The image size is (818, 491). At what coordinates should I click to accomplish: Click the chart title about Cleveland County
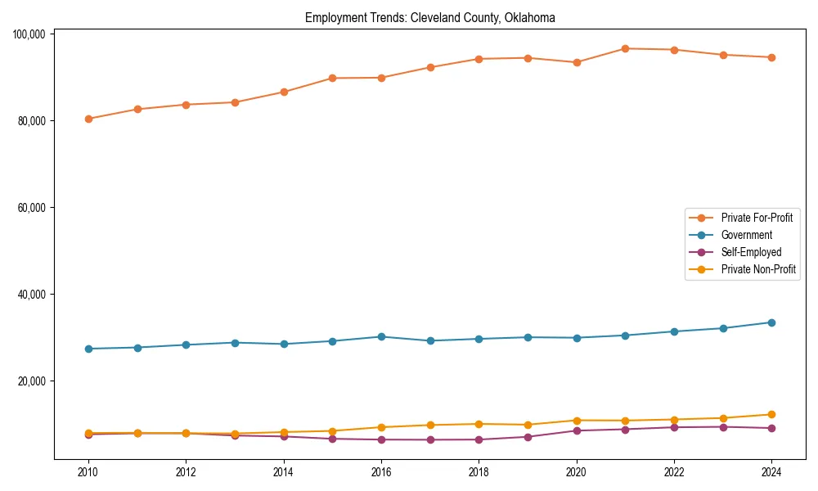429,17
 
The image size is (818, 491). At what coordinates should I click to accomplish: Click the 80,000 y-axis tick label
31,120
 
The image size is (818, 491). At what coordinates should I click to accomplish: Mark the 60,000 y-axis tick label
31,207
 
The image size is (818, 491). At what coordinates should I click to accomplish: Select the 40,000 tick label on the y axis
31,294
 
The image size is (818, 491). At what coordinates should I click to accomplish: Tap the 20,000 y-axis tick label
31,381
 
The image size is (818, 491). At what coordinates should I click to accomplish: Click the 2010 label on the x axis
88,472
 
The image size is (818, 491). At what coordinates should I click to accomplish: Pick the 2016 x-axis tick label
381,472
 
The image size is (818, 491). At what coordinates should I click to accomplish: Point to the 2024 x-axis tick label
771,472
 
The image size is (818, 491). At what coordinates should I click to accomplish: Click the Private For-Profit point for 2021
625,48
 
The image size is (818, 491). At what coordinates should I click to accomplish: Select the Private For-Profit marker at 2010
88,119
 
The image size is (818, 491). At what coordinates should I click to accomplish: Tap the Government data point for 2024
771,322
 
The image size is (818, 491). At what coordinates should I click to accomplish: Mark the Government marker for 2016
381,336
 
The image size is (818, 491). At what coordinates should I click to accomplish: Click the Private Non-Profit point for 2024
771,414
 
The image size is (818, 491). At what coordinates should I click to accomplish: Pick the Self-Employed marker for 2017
430,439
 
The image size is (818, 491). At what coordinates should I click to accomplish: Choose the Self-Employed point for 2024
771,428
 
